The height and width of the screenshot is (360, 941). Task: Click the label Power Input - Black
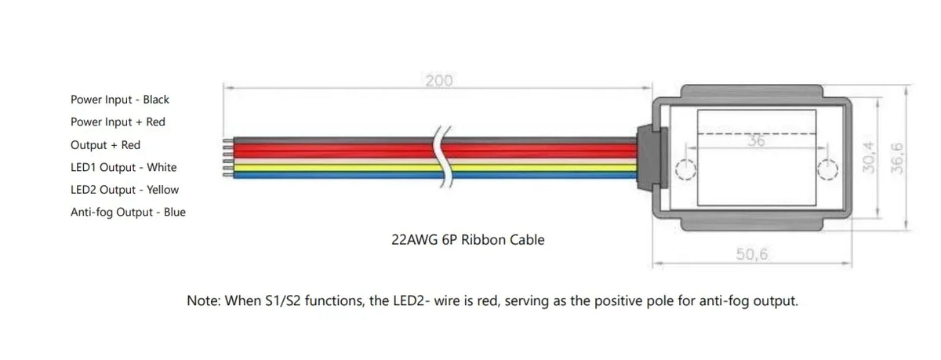120,100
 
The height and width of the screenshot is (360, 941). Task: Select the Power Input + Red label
118,122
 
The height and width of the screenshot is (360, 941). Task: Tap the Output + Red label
105,145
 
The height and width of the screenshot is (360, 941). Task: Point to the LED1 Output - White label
124,167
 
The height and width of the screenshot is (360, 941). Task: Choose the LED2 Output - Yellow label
125,190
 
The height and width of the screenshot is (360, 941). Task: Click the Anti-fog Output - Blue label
128,212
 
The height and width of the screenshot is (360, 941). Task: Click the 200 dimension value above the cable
438,80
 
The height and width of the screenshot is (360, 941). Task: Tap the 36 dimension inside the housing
756,140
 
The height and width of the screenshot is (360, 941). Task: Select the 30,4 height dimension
868,158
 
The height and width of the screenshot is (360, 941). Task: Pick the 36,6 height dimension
897,158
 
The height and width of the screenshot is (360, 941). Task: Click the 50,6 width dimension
751,253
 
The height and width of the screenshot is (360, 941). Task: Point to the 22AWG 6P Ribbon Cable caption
467,239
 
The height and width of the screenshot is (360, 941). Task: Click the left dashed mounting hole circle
685,169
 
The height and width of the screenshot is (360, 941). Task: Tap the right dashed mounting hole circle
827,169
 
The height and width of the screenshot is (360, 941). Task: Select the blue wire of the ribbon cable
434,175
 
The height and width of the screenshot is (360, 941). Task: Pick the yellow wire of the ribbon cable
434,168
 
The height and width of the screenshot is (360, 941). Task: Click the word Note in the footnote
202,300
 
